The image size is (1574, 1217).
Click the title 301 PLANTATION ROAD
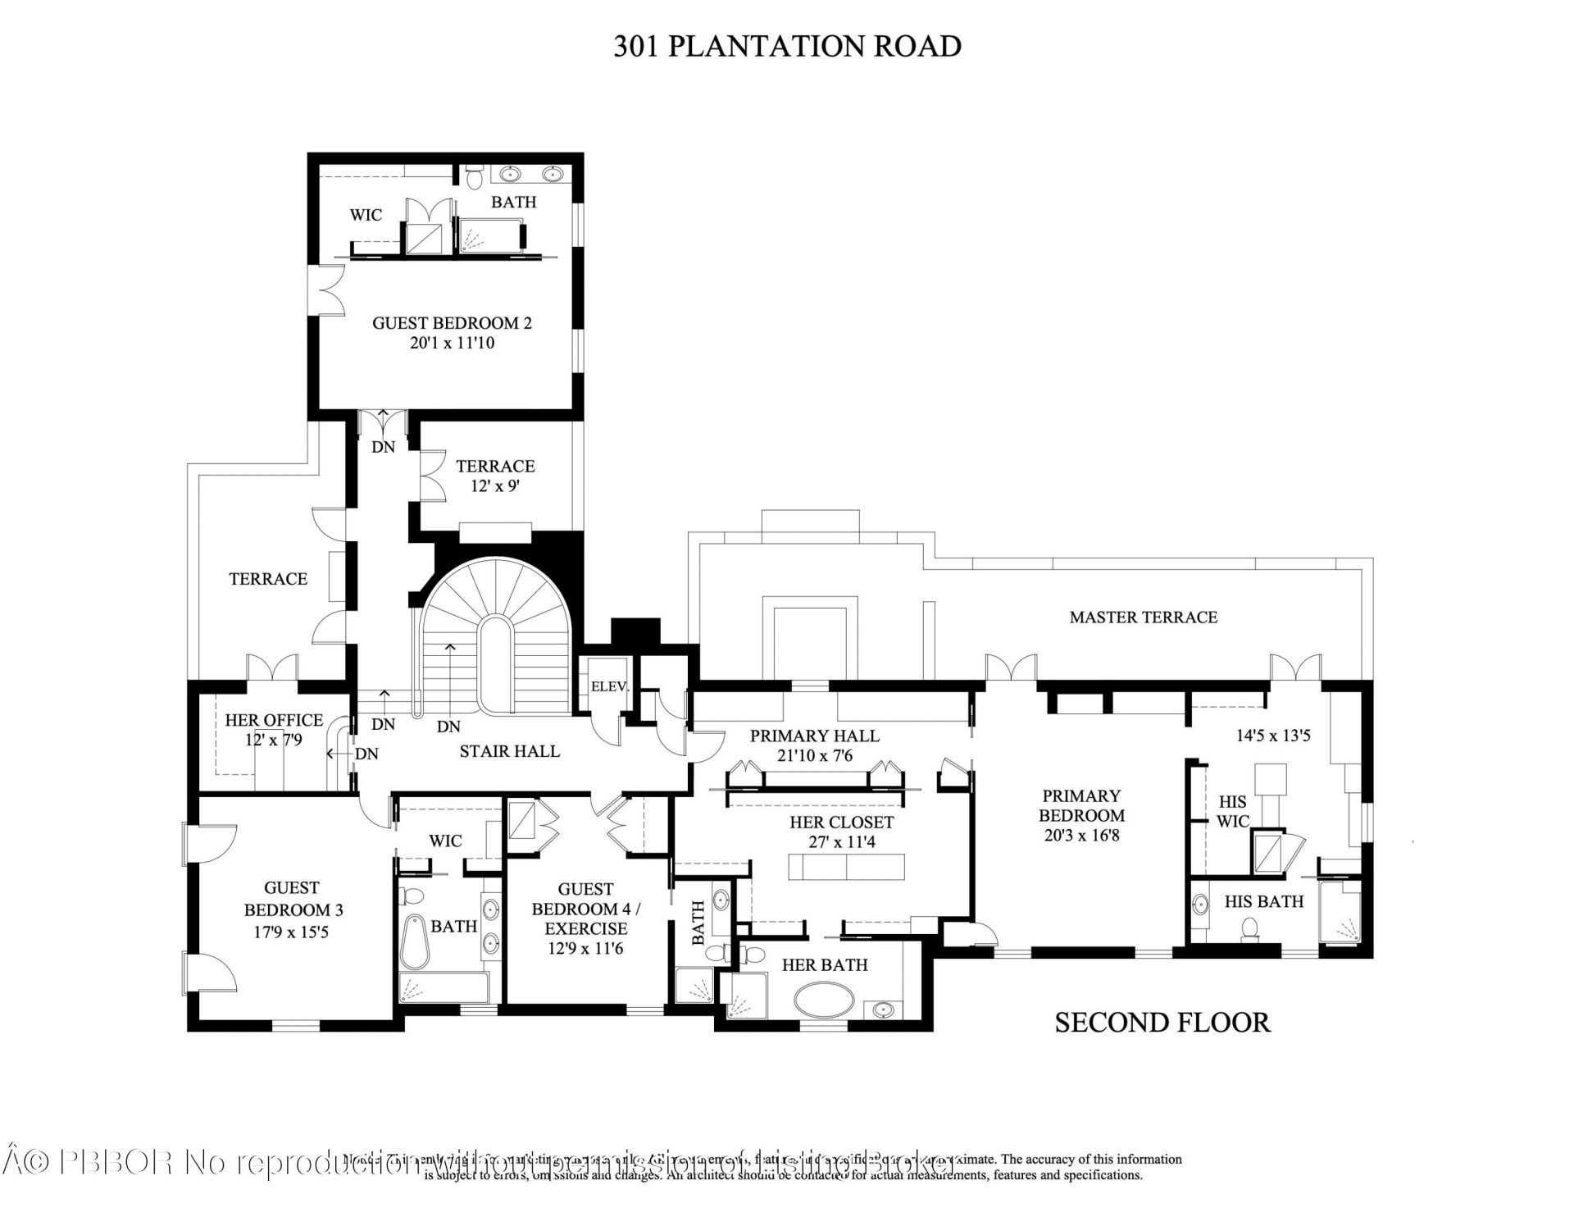coord(787,46)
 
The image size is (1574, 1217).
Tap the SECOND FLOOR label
coord(1162,1022)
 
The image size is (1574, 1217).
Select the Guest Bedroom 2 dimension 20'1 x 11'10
coord(452,343)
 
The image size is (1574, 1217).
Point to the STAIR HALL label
coord(509,750)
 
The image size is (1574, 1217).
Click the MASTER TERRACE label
coord(1143,617)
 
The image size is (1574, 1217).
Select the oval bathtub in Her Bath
coord(824,1002)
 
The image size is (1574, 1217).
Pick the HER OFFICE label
coord(274,720)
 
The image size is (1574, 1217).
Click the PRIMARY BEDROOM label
coord(1081,805)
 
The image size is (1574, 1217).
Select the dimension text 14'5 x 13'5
coord(1272,736)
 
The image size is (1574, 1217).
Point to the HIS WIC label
coord(1232,811)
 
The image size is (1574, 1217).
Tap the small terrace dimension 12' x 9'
coord(494,485)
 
